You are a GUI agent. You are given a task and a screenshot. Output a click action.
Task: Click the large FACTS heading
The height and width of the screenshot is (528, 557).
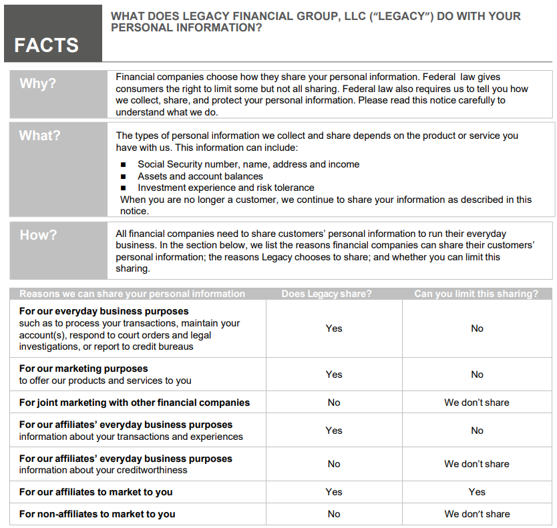46,45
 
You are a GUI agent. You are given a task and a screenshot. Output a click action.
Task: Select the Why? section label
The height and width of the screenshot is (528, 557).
38,83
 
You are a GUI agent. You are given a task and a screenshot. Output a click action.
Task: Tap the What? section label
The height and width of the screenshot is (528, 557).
39,136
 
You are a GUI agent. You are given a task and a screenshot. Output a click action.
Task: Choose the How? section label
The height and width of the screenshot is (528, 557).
38,235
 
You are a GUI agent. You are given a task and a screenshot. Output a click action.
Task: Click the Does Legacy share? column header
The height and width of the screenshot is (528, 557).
327,294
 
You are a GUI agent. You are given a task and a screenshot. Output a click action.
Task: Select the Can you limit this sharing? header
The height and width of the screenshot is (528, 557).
476,294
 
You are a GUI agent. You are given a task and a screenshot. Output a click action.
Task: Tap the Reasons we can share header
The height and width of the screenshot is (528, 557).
132,294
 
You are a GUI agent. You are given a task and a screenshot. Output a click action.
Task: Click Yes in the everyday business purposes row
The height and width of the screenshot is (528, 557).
334,328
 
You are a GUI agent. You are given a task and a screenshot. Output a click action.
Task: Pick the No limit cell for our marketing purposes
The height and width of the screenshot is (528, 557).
477,374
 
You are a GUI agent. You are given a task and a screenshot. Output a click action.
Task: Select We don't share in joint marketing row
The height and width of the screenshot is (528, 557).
477,403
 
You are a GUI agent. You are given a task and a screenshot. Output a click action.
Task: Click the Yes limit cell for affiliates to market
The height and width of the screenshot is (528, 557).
477,492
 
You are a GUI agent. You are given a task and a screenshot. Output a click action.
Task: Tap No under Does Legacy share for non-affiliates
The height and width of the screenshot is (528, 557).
334,514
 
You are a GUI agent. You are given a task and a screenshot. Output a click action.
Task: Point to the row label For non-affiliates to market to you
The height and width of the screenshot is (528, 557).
97,514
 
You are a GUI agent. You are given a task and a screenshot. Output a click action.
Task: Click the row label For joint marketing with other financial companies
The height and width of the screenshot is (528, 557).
134,403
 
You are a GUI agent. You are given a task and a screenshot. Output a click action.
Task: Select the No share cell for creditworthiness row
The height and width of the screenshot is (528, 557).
334,464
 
